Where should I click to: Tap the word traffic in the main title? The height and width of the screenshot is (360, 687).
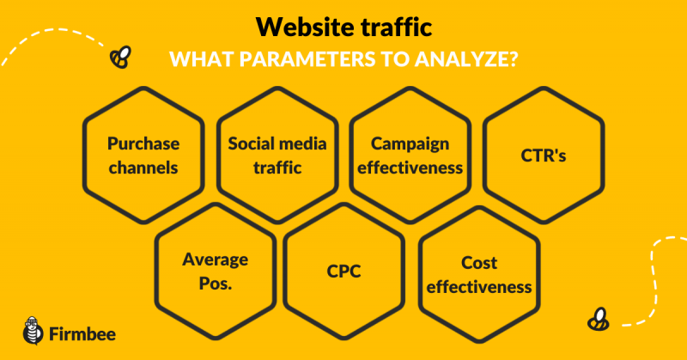[397, 27]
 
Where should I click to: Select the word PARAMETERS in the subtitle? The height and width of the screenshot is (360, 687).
[307, 59]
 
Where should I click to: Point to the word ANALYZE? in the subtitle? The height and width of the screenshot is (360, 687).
[465, 59]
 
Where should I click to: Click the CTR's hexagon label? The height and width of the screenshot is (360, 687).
[544, 156]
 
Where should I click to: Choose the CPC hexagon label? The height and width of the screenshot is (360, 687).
[344, 271]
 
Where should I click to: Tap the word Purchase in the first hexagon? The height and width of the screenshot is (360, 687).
[143, 143]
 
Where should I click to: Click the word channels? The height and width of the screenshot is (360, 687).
[143, 168]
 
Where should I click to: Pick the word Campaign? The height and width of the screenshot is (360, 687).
[410, 143]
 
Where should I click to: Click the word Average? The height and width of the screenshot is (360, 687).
[216, 259]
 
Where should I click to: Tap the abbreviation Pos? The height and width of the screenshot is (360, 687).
[216, 284]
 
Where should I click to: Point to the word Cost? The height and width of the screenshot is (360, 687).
[479, 263]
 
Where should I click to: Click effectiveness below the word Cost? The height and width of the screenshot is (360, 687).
[479, 287]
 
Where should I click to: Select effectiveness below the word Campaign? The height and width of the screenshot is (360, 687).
[410, 168]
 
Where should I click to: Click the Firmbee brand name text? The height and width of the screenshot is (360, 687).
[82, 334]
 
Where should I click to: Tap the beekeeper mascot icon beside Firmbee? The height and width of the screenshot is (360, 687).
[33, 331]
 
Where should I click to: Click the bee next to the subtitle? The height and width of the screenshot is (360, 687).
[120, 57]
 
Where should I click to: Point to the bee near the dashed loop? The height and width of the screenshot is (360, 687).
[598, 319]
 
